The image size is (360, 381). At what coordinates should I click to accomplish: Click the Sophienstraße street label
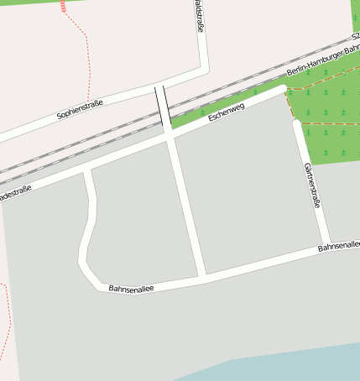[80, 108]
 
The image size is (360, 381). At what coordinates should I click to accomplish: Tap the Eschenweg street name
[227, 112]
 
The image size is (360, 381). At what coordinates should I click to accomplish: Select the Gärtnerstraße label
[312, 185]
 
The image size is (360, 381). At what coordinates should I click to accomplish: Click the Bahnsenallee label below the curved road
[130, 288]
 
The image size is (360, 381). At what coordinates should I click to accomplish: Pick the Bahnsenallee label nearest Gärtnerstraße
[339, 247]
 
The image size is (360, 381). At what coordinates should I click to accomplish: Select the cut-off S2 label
[355, 37]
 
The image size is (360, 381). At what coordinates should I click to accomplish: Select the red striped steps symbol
[64, 8]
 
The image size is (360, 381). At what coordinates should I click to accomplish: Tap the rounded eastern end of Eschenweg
[281, 89]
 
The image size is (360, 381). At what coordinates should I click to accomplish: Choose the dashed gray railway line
[84, 146]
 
